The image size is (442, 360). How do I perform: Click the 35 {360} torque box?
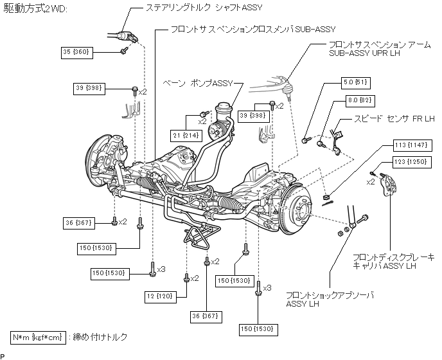click(77, 53)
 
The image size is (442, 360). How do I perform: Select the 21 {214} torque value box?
click(186, 136)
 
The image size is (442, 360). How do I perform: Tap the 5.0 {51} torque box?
click(355, 83)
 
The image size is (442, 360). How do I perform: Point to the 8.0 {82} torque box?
click(360, 101)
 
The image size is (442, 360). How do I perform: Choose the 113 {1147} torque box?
click(412, 146)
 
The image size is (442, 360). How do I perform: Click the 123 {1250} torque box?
click(412, 163)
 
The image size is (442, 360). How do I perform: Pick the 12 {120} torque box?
click(161, 296)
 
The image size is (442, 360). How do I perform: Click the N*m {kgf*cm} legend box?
click(38, 337)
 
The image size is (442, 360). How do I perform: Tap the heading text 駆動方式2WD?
click(35, 9)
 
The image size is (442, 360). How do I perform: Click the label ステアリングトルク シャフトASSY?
click(204, 8)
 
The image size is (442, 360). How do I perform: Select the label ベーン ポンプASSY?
click(198, 84)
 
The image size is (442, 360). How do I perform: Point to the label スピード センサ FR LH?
click(394, 118)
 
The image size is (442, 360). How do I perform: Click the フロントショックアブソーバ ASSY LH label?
click(330, 300)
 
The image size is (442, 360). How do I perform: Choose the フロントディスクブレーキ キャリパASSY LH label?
click(394, 262)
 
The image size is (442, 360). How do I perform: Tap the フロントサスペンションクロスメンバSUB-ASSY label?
click(253, 30)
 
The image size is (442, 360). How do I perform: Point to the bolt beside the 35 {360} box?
click(124, 51)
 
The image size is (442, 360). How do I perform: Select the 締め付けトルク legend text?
click(100, 337)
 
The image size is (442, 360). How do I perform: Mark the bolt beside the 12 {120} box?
click(186, 278)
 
